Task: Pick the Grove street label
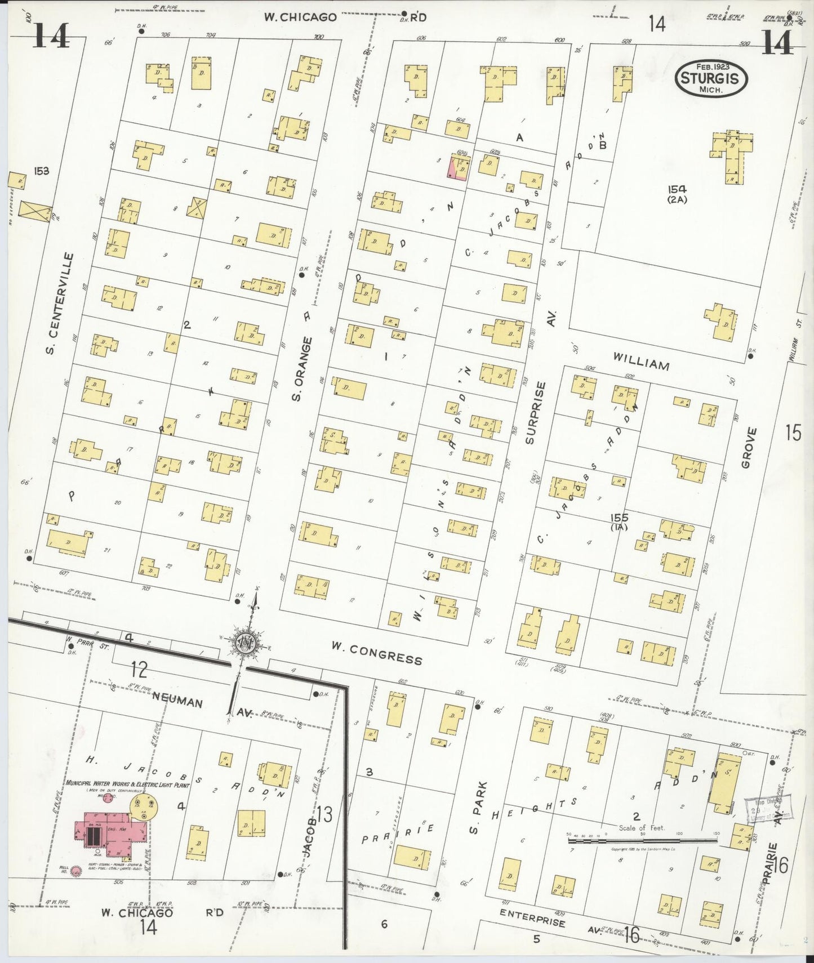pyautogui.click(x=748, y=448)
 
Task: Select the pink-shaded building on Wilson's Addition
pyautogui.click(x=457, y=168)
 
